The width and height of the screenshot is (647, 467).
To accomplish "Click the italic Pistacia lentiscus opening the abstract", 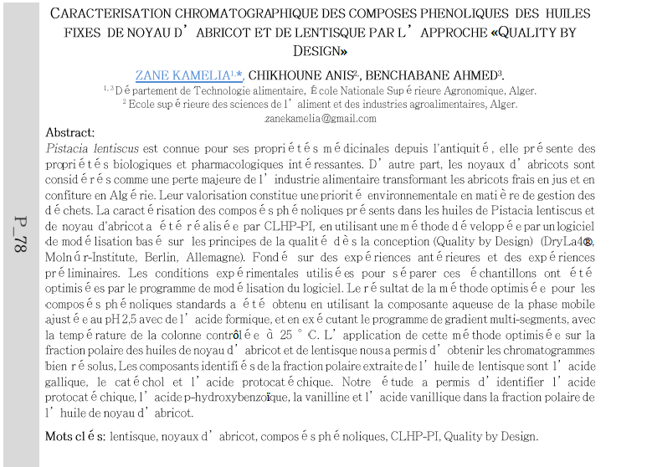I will point(92,148).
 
